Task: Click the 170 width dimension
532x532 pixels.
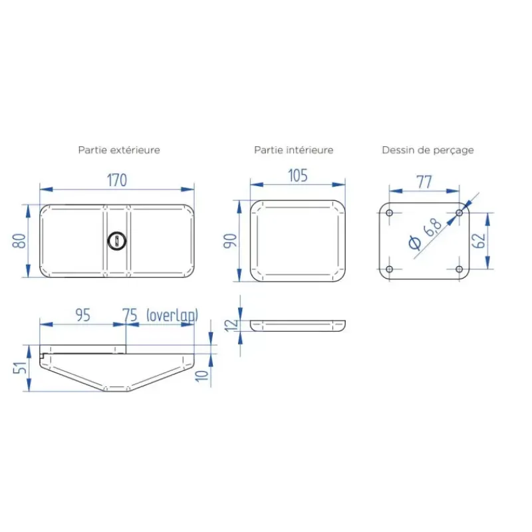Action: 117,180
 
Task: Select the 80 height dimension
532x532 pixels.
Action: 19,241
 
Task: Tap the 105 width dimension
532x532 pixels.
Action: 298,176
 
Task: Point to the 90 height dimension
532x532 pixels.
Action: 230,241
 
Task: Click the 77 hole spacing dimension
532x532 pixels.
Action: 424,182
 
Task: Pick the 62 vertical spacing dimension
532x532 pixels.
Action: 479,241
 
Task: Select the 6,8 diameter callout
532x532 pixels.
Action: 425,234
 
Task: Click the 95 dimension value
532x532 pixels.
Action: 82,315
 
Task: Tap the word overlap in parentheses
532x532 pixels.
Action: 172,315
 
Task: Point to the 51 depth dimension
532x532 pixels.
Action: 19,368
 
